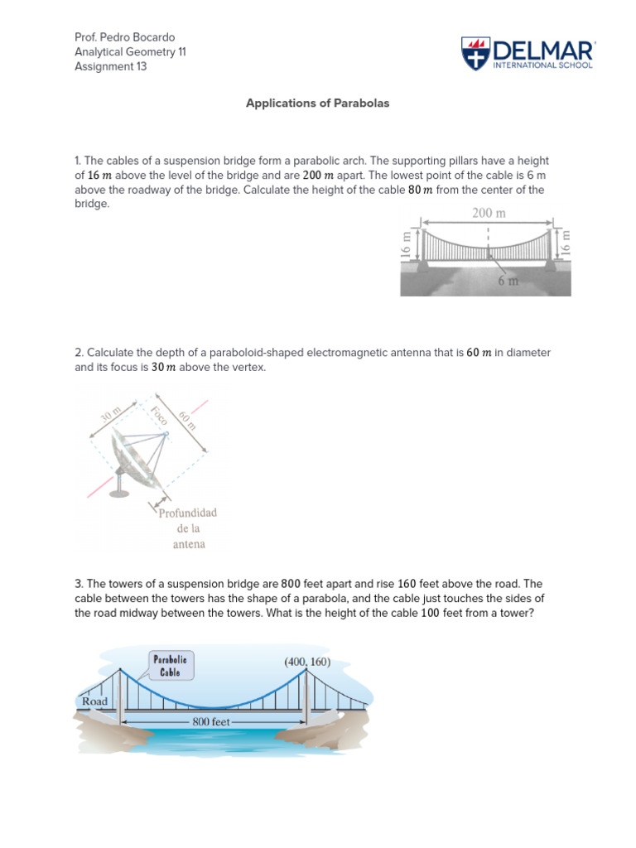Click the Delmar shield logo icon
tap(475, 53)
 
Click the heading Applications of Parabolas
tap(317, 104)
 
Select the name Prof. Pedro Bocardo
tap(125, 38)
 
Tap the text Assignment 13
tap(110, 66)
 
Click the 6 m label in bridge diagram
tap(508, 280)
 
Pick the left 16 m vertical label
tap(406, 246)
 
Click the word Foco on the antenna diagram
tap(159, 416)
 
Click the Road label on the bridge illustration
tap(94, 701)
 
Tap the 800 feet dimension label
tap(211, 721)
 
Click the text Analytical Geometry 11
tap(130, 52)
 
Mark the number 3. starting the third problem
tap(79, 584)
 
